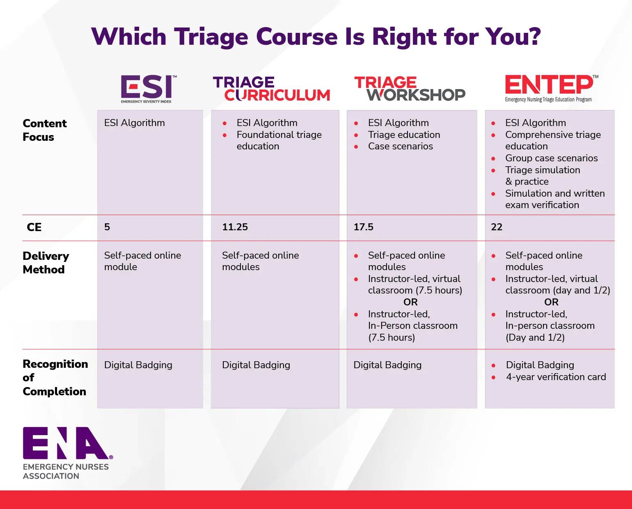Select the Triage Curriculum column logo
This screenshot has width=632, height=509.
click(x=272, y=89)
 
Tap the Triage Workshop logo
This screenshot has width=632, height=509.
click(x=410, y=89)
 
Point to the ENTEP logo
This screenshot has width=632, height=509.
click(x=550, y=88)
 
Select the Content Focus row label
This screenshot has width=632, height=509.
click(x=44, y=130)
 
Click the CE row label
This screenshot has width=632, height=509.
click(x=34, y=227)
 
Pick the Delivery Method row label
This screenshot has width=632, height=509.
click(x=46, y=263)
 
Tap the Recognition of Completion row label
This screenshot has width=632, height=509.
click(x=55, y=378)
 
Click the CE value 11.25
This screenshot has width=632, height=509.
click(x=235, y=227)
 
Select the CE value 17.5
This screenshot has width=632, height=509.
click(x=363, y=227)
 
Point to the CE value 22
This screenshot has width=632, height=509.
click(x=496, y=227)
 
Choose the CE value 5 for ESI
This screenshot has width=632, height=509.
click(x=107, y=227)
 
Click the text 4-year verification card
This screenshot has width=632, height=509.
click(x=556, y=377)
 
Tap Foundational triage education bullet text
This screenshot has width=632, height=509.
click(x=279, y=140)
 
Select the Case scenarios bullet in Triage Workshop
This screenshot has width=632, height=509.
click(x=400, y=147)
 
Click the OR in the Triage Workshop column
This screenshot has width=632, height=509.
click(x=410, y=303)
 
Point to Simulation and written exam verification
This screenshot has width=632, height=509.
click(x=554, y=199)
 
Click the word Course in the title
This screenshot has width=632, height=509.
click(x=296, y=37)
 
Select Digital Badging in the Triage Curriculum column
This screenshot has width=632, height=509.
click(x=256, y=365)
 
